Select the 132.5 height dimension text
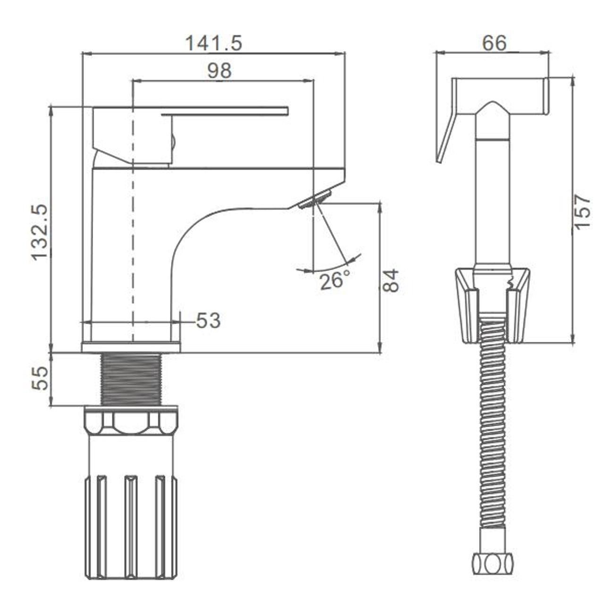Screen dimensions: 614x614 click(x=40, y=233)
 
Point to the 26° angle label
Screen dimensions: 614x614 click(x=335, y=281)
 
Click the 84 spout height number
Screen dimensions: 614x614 click(x=390, y=281)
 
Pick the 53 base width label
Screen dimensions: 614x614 click(x=208, y=320)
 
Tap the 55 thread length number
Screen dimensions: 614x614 click(x=40, y=378)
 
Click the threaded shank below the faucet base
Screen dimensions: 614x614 click(x=131, y=379)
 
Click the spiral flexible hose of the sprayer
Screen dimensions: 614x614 click(x=493, y=443)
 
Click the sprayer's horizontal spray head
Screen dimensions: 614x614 click(x=500, y=95)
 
